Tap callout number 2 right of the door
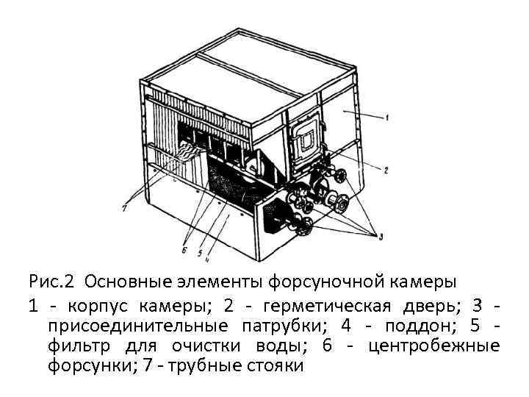(x=386, y=170)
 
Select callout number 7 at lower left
(x=126, y=208)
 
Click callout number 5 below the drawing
(x=199, y=252)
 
